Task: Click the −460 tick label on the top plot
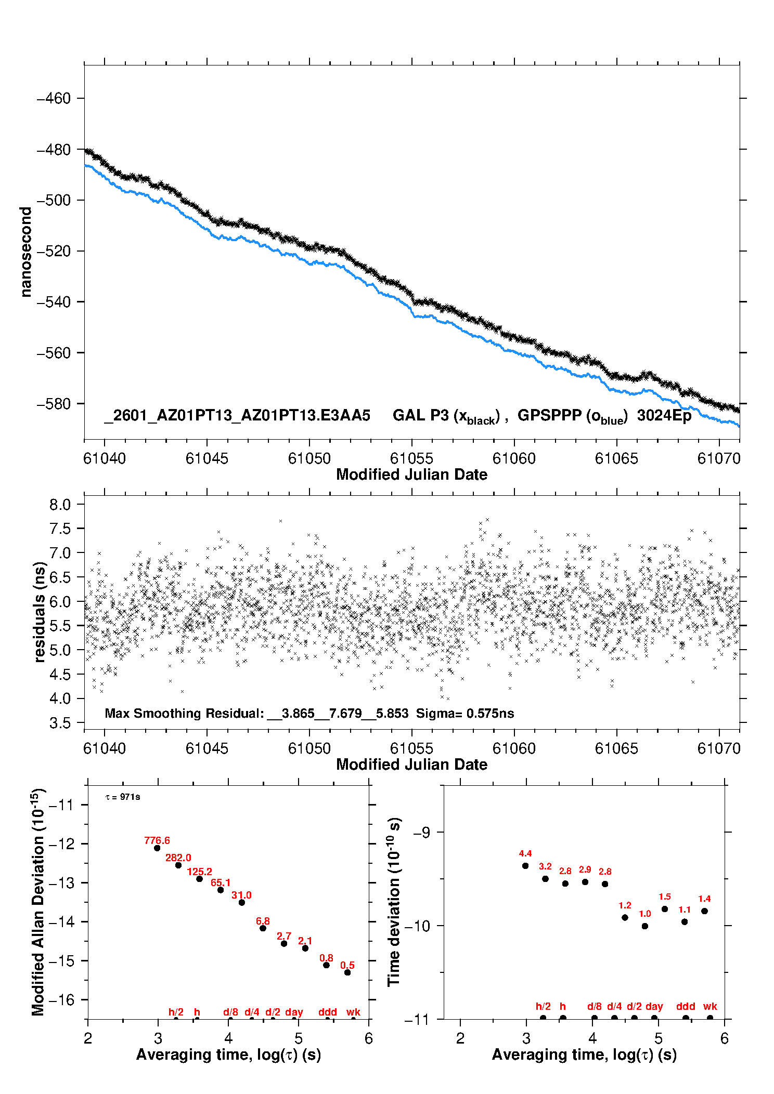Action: click(53, 98)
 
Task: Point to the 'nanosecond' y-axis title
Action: click(25, 252)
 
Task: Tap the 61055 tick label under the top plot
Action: click(411, 458)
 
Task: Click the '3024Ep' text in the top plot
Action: click(664, 415)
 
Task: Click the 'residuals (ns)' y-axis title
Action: click(40, 612)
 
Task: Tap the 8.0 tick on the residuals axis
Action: click(60, 504)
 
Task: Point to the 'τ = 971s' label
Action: click(123, 797)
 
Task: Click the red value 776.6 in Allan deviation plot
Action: click(157, 840)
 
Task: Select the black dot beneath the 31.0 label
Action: click(242, 902)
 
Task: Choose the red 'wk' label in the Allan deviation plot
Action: click(353, 1012)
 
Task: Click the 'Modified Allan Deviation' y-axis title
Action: click(38, 902)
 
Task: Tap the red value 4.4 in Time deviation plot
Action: click(525, 853)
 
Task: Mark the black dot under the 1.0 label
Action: click(645, 926)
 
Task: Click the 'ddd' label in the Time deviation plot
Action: click(686, 1006)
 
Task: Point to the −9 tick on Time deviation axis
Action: click(421, 833)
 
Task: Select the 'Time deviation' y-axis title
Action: click(394, 902)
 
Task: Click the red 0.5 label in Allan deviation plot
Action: click(347, 965)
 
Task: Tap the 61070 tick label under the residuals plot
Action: click(719, 748)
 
